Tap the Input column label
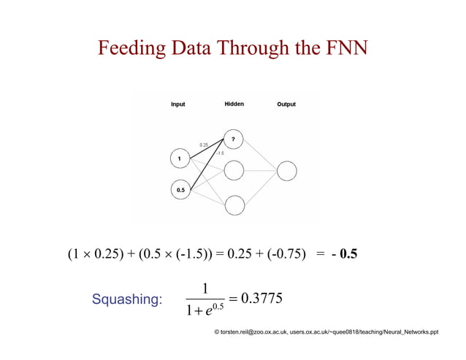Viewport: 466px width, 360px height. coord(177,104)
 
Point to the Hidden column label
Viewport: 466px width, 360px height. coord(234,104)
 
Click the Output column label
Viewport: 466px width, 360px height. coord(286,104)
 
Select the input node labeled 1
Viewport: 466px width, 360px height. coord(179,158)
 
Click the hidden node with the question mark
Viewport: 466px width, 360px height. coord(234,139)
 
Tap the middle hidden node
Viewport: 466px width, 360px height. coord(234,171)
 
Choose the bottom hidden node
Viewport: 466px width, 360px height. coord(234,204)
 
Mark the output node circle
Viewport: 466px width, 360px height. coord(286,172)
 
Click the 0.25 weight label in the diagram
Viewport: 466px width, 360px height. coord(204,145)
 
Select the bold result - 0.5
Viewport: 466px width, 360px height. coord(344,256)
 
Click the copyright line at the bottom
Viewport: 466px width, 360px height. coord(326,332)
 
